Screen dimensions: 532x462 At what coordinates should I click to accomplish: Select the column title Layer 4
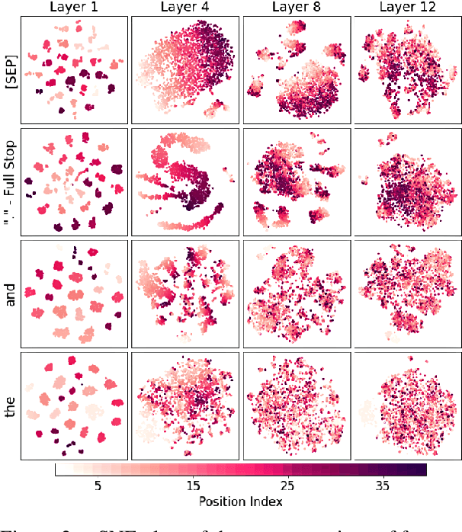point(185,8)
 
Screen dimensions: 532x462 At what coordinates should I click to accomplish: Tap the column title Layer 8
point(297,8)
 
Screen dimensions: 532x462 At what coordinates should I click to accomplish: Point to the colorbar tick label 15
point(194,486)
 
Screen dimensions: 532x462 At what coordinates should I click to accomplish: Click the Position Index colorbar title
point(240,502)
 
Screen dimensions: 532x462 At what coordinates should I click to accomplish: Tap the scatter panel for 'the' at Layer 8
point(297,406)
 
